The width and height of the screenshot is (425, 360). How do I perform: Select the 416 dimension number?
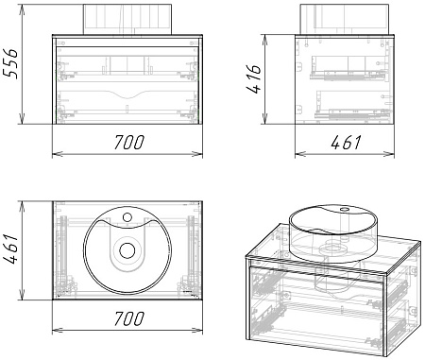click(253, 78)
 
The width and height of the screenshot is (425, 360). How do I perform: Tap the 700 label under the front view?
click(128, 142)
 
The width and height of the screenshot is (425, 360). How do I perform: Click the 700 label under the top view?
click(128, 318)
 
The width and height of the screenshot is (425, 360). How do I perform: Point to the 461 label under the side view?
click(346, 143)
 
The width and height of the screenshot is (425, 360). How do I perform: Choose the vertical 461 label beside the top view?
click(10, 249)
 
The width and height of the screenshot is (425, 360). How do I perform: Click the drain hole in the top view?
click(127, 250)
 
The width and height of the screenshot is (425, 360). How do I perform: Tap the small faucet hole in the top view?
click(127, 217)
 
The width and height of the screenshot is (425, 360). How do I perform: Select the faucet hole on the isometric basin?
click(344, 209)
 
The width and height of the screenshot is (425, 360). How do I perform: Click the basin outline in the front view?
click(127, 19)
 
